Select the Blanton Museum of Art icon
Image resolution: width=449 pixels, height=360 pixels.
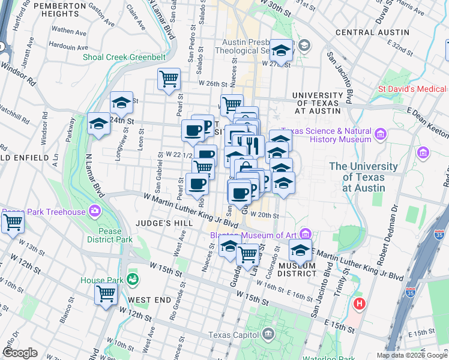[x=306, y=233]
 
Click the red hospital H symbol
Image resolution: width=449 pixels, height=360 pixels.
[x=360, y=304]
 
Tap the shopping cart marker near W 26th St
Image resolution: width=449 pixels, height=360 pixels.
[x=169, y=79]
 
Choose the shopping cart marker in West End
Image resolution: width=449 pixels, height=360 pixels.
[x=106, y=295]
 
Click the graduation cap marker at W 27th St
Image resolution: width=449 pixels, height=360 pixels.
[x=280, y=50]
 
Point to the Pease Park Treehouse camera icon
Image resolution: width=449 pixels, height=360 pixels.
[x=95, y=211]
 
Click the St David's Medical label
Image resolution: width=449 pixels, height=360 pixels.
[x=412, y=89]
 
